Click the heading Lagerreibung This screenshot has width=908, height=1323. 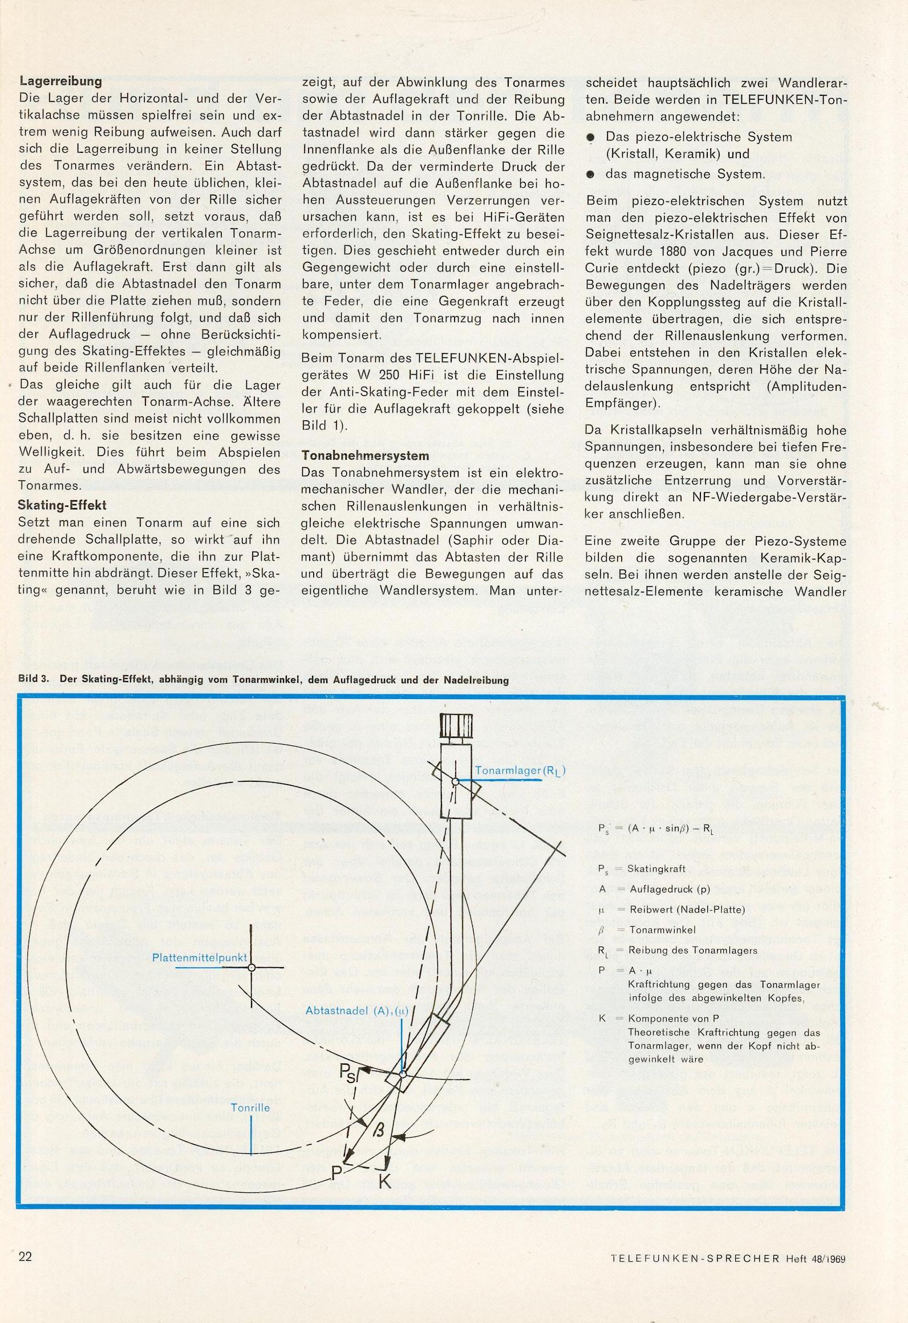pos(60,82)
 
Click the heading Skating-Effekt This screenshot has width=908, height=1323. pos(62,505)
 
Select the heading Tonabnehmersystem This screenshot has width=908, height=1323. pos(365,456)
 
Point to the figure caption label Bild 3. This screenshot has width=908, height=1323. pos(34,680)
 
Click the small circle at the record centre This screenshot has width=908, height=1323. pos(252,968)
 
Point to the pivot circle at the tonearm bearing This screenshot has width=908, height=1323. pos(455,782)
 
